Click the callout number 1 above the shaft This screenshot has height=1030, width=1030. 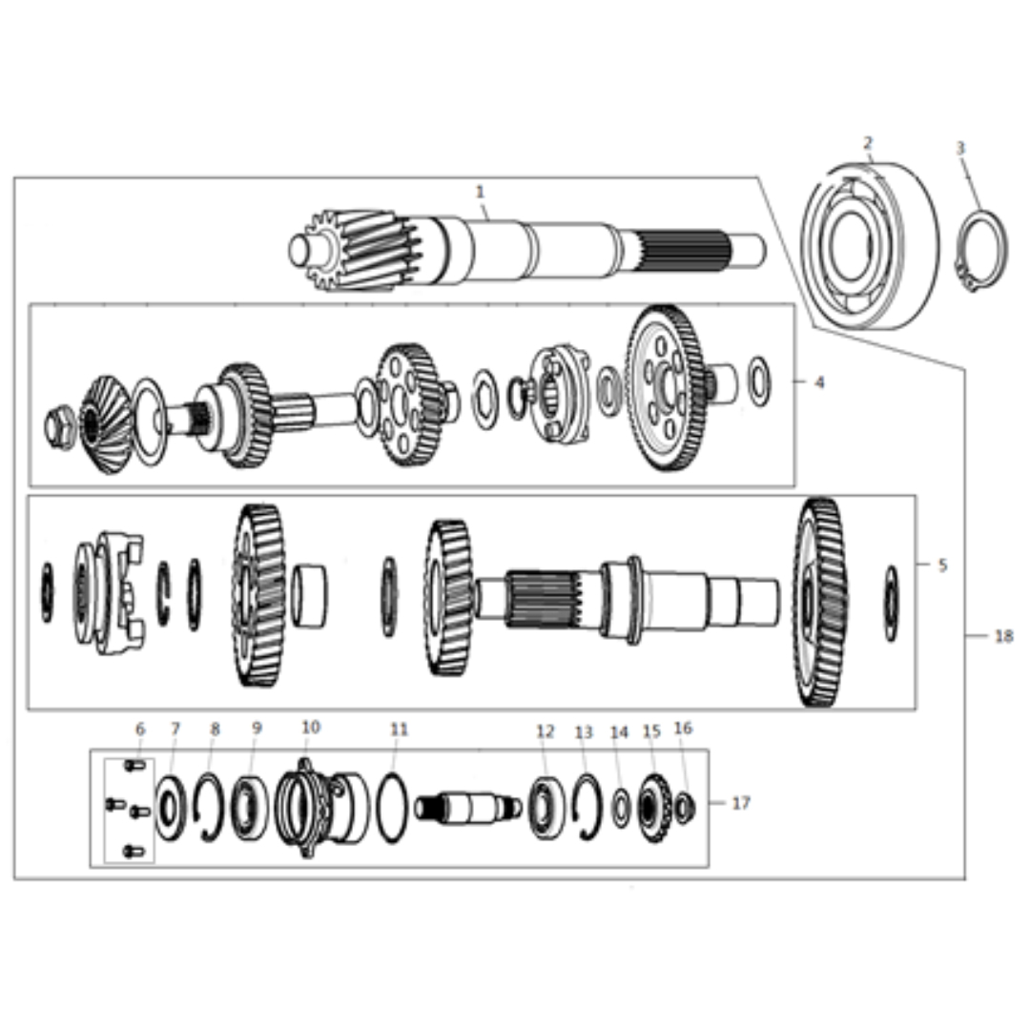pos(480,192)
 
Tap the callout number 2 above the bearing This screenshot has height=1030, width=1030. pos(868,142)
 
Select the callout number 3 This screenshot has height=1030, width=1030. pos(960,149)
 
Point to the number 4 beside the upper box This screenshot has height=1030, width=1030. pos(819,381)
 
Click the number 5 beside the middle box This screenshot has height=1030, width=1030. pos(942,565)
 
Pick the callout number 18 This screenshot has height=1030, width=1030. pos(1003,636)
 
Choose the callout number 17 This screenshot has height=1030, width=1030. pos(740,803)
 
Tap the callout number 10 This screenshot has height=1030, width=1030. pos(311,727)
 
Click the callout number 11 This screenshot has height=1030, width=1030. pos(399,730)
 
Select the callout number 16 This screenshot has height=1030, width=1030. pos(683,728)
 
